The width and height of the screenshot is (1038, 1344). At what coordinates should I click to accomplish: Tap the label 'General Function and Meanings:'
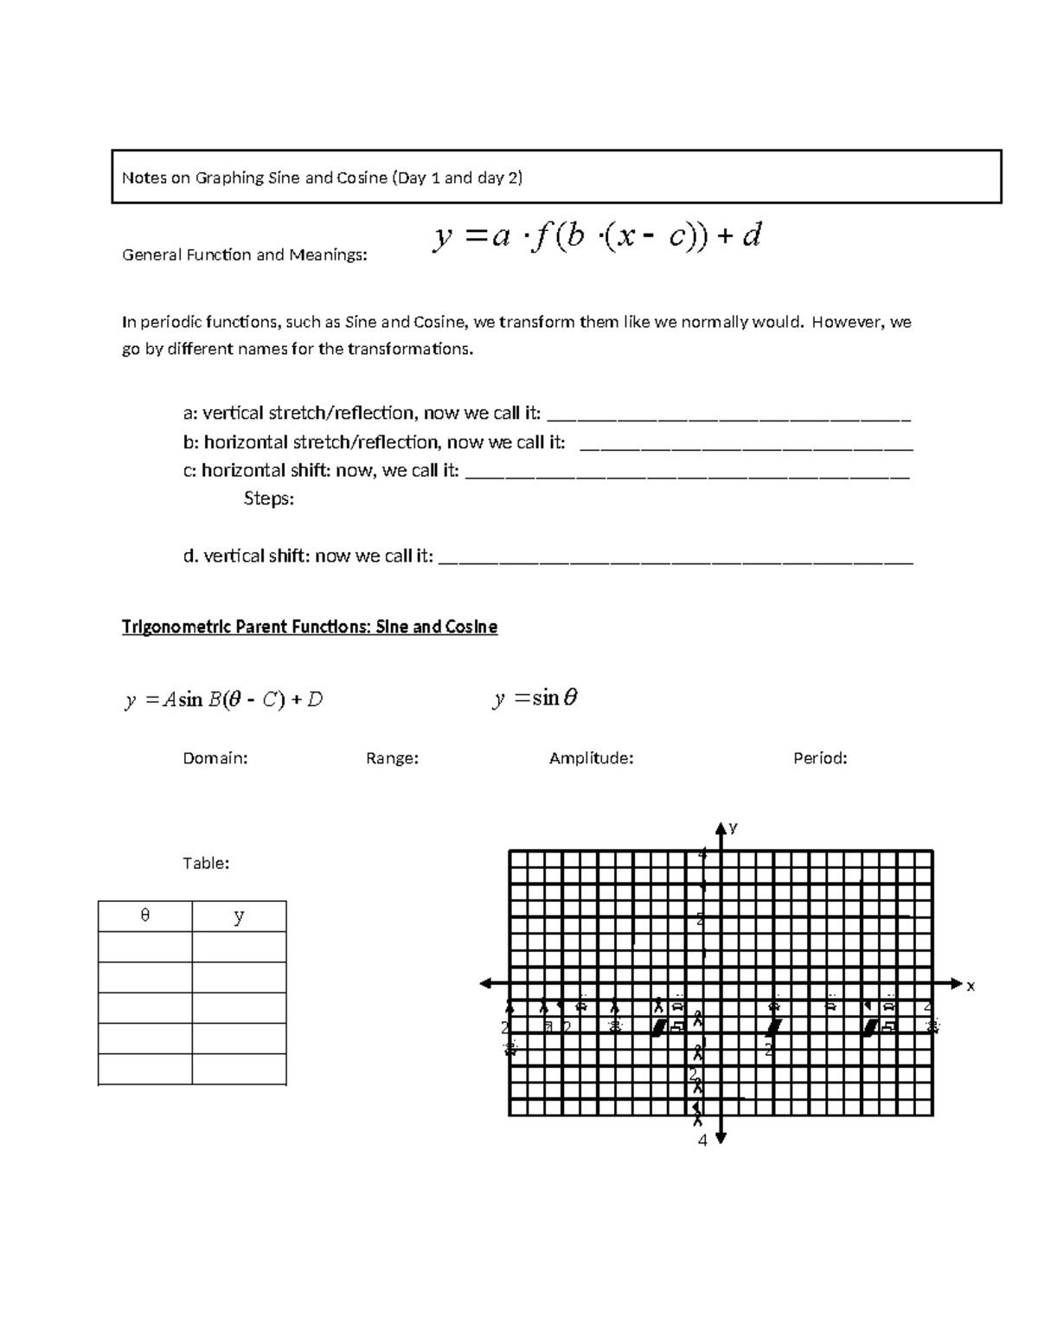(x=244, y=255)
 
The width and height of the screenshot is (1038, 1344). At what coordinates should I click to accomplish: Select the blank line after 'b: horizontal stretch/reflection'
(x=746, y=444)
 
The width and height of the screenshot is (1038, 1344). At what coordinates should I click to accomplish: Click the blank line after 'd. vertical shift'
(x=676, y=557)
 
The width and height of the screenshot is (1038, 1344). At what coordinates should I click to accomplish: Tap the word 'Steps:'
(x=268, y=499)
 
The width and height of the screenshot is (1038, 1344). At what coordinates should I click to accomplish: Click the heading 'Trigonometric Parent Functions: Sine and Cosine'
(x=310, y=627)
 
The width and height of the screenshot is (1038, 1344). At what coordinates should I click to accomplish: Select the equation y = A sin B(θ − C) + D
(x=223, y=700)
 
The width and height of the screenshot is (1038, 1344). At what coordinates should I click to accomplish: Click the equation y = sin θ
(x=535, y=698)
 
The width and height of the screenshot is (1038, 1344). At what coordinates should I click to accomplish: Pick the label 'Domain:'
(x=215, y=758)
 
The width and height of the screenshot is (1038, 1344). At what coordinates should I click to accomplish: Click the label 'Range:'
(x=392, y=758)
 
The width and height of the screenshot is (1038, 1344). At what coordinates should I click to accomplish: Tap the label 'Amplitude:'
(x=591, y=758)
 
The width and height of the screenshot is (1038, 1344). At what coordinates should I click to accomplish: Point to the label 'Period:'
(x=820, y=758)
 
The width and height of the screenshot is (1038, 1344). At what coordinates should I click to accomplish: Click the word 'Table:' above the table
(x=206, y=863)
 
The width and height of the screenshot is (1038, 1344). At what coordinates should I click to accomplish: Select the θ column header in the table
(x=145, y=916)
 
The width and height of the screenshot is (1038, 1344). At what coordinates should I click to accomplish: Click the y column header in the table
(x=239, y=916)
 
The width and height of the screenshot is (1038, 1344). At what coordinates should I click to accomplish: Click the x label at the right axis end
(x=971, y=986)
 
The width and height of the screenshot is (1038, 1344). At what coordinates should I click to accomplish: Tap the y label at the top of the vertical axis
(x=733, y=827)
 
